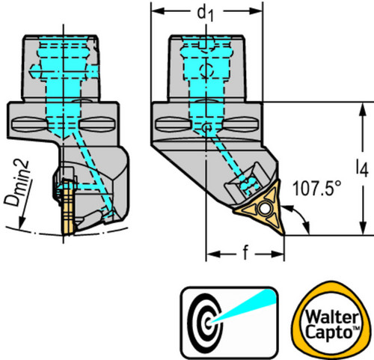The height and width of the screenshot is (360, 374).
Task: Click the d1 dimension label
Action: click(x=205, y=13)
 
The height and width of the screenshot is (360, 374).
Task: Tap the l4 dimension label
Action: click(x=362, y=168)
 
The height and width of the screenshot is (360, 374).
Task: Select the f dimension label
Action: click(x=245, y=252)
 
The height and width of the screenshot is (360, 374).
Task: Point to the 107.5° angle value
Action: click(x=316, y=189)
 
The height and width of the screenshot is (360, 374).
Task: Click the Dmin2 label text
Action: click(x=17, y=183)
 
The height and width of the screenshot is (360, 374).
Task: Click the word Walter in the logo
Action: click(x=332, y=317)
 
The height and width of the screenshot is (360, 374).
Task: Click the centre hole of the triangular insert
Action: click(x=265, y=209)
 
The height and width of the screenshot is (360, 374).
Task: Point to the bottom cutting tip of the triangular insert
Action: click(x=283, y=234)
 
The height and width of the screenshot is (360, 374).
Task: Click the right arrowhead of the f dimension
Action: click(x=278, y=254)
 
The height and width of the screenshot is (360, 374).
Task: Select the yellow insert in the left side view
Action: click(x=67, y=207)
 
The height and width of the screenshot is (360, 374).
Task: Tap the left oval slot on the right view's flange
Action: click(x=174, y=123)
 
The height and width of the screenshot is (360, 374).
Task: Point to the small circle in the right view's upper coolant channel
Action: click(x=206, y=70)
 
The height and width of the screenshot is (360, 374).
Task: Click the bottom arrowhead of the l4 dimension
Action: click(x=364, y=228)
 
